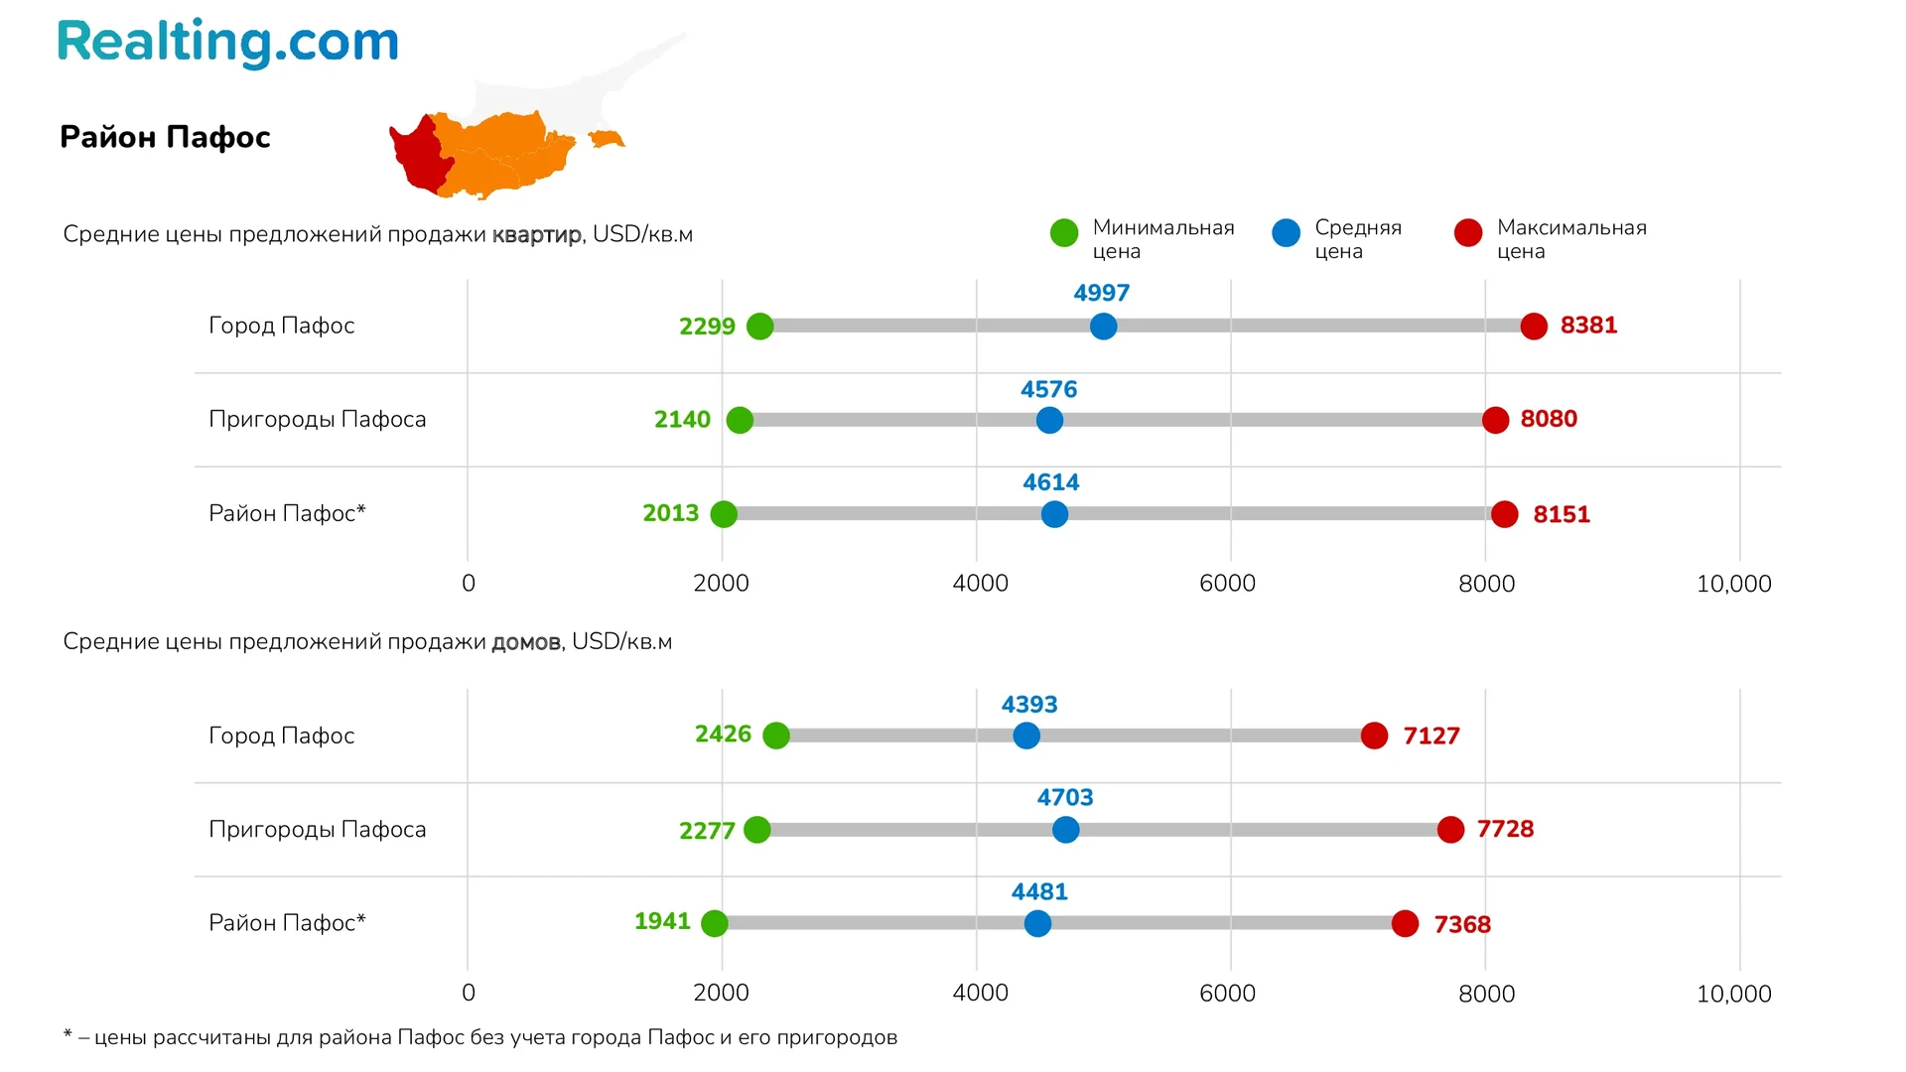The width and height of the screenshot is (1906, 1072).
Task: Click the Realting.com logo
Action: (227, 43)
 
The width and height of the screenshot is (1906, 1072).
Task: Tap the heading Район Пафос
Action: (165, 137)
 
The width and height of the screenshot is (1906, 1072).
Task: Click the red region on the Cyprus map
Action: (417, 154)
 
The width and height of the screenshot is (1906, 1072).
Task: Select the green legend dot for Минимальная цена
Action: (1064, 233)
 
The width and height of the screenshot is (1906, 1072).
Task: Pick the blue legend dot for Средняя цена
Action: (1286, 233)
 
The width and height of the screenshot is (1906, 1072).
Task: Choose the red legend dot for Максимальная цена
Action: (1468, 233)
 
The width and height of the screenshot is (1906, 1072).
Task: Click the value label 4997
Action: (1101, 293)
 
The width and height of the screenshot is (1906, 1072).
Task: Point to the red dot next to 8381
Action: (1534, 326)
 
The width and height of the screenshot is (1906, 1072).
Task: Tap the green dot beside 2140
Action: (740, 420)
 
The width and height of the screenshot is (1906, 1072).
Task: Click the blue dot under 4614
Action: (1054, 514)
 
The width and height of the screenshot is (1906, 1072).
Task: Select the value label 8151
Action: (1562, 514)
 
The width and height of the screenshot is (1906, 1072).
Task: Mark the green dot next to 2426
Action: (776, 736)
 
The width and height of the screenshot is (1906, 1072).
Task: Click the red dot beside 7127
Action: (1374, 736)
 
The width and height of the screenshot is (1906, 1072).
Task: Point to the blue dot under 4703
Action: (1065, 830)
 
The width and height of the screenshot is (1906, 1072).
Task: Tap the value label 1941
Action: (662, 921)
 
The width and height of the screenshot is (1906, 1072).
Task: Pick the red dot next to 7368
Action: (1405, 924)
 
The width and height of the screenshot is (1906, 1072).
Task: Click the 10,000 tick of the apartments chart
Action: (1733, 584)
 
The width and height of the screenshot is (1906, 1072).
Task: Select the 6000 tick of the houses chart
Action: (1227, 994)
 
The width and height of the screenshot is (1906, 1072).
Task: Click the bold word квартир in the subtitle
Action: (537, 235)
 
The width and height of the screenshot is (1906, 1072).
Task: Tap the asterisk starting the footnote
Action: (68, 1035)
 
